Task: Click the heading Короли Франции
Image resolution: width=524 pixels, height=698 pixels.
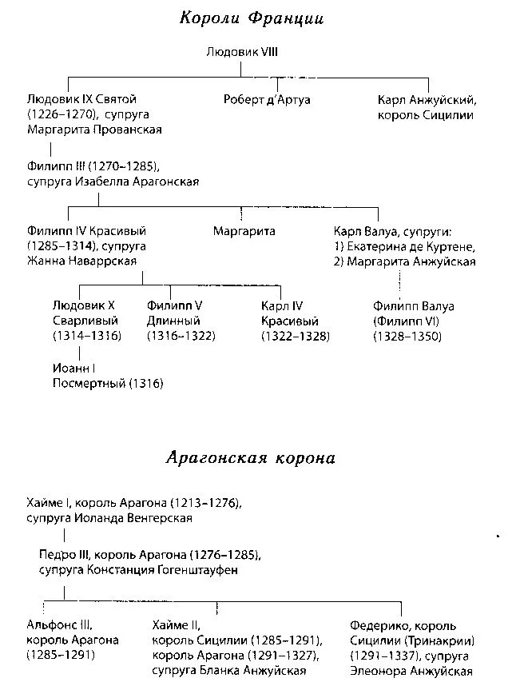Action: click(251, 19)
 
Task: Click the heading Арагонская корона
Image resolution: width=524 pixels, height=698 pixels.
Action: click(251, 458)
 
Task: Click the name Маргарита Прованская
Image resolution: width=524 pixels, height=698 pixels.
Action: click(94, 130)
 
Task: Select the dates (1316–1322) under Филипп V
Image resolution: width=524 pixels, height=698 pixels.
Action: click(181, 336)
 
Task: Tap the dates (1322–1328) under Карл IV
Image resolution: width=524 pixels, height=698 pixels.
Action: click(295, 336)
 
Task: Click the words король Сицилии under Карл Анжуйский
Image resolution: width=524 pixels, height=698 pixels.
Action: click(425, 114)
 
